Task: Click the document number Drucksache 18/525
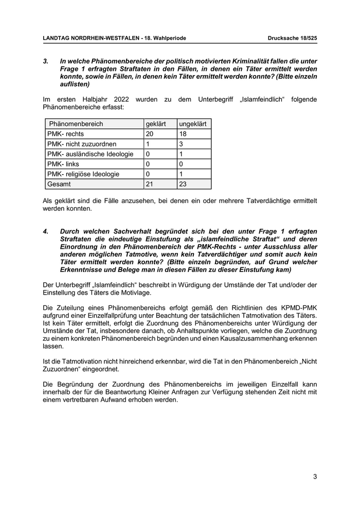[x=292, y=38]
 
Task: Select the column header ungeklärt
[x=193, y=124]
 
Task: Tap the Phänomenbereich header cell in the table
[x=76, y=124]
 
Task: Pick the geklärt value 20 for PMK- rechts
[x=150, y=134]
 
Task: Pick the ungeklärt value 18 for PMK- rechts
[x=183, y=134]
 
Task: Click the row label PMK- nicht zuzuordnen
[x=82, y=144]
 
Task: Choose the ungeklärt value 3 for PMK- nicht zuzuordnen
[x=181, y=144]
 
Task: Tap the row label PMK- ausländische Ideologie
[x=90, y=154]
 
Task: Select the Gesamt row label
[x=59, y=184]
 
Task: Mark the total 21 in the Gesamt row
[x=150, y=184]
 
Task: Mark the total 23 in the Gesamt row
[x=183, y=184]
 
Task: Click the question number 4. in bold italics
[x=46, y=232]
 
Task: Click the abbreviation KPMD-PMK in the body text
[x=295, y=307]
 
